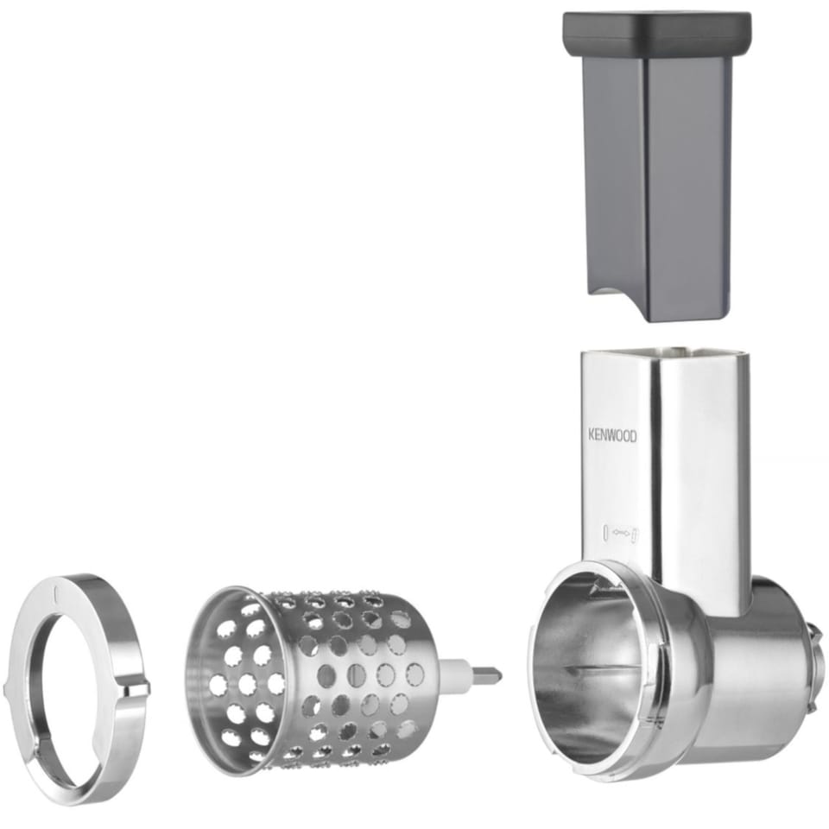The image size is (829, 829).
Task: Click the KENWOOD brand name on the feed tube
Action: pyautogui.click(x=613, y=435)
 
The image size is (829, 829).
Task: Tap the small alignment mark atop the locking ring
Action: pyautogui.click(x=56, y=594)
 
